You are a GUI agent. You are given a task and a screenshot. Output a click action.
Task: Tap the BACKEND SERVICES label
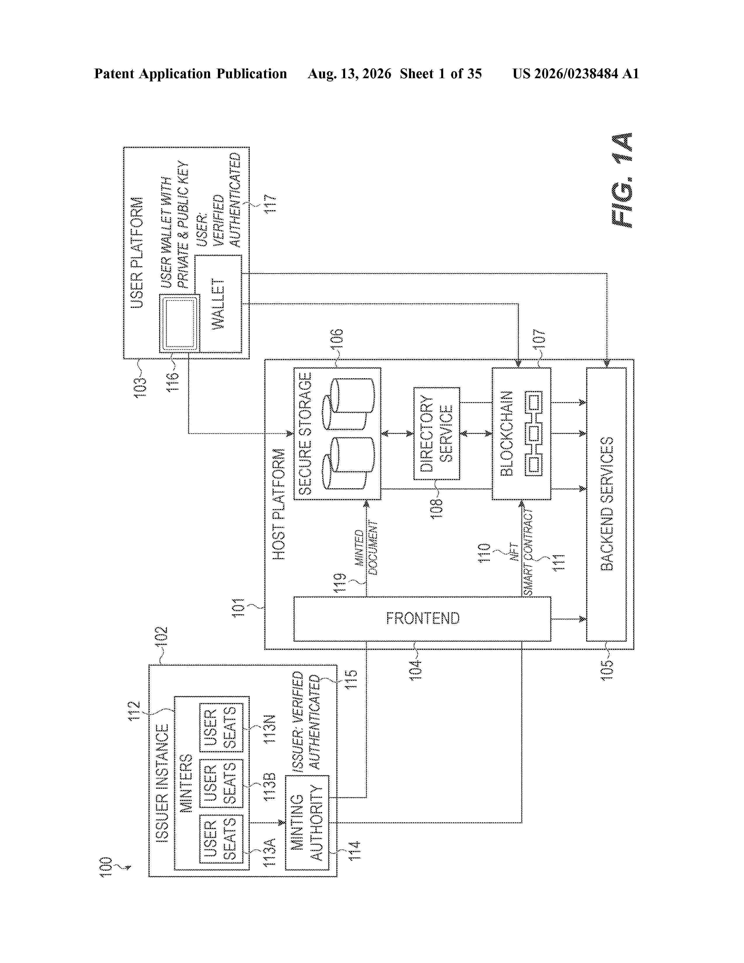[x=607, y=504]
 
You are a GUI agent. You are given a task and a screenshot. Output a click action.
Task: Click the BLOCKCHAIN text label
[x=507, y=433]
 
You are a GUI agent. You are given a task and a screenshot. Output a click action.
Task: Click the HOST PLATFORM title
[x=279, y=504]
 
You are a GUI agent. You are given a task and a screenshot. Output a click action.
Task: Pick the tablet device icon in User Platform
[x=179, y=323]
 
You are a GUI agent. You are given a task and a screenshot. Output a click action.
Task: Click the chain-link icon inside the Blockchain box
[x=533, y=433]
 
